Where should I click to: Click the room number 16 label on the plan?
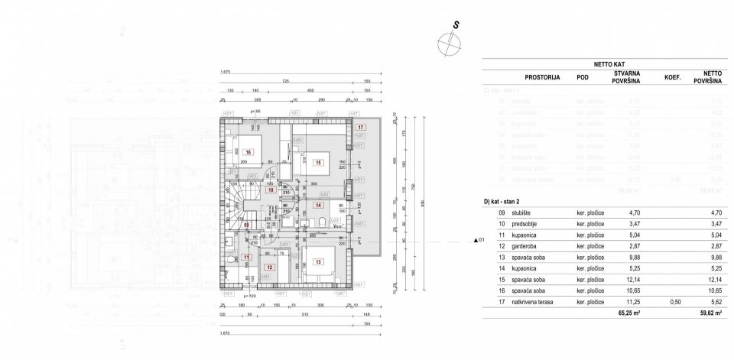coord(248,153)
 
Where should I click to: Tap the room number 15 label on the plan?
coord(317,162)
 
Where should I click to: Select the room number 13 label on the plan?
coord(319,262)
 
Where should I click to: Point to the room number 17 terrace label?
coord(360,127)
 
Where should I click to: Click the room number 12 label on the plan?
coord(269,268)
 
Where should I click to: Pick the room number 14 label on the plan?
coord(318,205)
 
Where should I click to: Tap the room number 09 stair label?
coord(246,225)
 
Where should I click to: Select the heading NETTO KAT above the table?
coord(609,65)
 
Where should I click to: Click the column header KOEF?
coord(672,77)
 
